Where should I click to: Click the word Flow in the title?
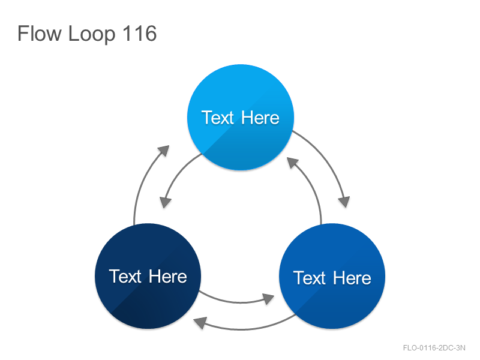[x=39, y=34]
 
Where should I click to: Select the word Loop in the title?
[x=92, y=34]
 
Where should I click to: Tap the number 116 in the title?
[x=140, y=33]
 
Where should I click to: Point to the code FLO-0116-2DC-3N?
[x=434, y=348]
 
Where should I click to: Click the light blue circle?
[x=241, y=117]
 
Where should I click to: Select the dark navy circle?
[x=148, y=276]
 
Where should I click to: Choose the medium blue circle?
[x=332, y=276]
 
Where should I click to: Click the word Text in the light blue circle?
[x=218, y=118]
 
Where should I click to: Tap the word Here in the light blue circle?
[x=260, y=118]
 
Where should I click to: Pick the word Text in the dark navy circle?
[x=125, y=277]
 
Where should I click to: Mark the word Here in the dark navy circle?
[x=168, y=277]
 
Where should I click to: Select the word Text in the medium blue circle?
[x=310, y=278]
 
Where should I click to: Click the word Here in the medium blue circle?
[x=352, y=278]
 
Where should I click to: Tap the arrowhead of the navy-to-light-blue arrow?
[x=164, y=151]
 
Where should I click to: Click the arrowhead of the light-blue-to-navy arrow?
[x=166, y=202]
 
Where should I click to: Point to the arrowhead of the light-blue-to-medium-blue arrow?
[x=344, y=202]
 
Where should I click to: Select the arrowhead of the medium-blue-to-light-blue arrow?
[x=292, y=162]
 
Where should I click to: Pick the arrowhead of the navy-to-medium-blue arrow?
[x=268, y=298]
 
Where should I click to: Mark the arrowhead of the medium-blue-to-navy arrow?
[x=200, y=323]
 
